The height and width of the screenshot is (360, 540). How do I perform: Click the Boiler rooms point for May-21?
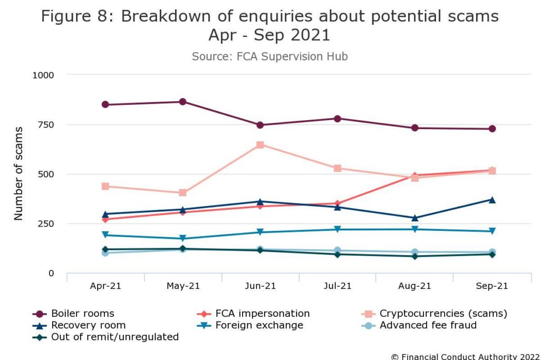coord(182,102)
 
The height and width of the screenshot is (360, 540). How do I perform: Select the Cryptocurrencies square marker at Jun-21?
coord(260,144)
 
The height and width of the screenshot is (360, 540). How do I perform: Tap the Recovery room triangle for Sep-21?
coord(491,200)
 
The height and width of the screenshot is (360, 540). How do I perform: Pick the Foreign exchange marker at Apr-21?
coord(105,235)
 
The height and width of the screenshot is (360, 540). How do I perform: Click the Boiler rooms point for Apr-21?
coord(105,104)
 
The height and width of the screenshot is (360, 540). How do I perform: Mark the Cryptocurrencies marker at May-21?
coord(182,193)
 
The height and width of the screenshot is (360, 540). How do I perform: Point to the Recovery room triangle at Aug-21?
coord(414,218)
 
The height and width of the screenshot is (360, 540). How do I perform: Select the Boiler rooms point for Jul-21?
coord(337,119)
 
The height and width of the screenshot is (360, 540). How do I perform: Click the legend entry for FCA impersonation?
coord(263,314)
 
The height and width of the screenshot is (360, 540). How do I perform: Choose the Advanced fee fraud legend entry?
coord(428,325)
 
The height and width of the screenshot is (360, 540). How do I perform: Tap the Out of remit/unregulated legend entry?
coord(114,337)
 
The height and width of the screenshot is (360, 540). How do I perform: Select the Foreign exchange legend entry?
coord(259,325)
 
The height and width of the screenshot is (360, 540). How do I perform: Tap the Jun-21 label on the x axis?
coord(260,286)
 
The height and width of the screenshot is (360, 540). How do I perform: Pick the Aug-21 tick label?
coord(414,286)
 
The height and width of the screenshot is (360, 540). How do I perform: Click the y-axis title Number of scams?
coord(19,173)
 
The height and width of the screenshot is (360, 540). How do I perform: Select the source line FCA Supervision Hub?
coord(269,56)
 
